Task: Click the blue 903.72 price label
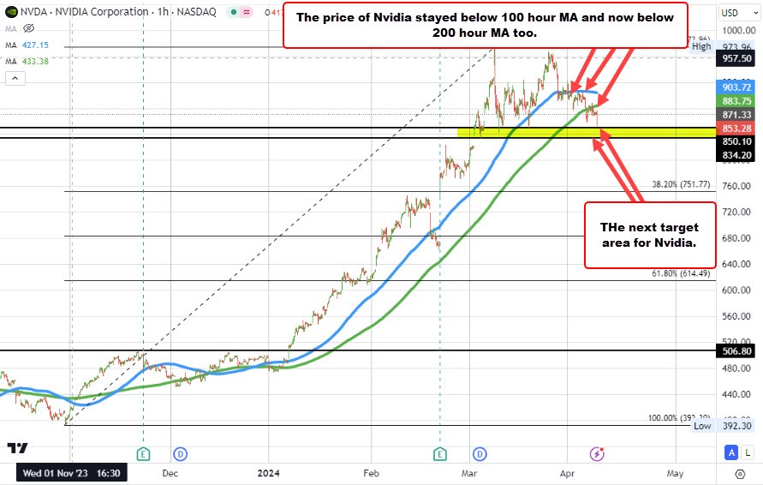pyautogui.click(x=736, y=87)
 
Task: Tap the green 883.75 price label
pyautogui.click(x=736, y=101)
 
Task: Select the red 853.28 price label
pyautogui.click(x=736, y=128)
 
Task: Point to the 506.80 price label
pyautogui.click(x=736, y=350)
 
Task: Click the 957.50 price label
pyautogui.click(x=736, y=59)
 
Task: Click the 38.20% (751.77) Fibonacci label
pyautogui.click(x=682, y=184)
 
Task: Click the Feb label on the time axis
pyautogui.click(x=371, y=472)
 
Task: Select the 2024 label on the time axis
pyautogui.click(x=269, y=472)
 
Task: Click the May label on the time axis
pyautogui.click(x=675, y=472)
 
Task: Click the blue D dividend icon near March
pyautogui.click(x=480, y=452)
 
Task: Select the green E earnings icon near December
pyautogui.click(x=143, y=452)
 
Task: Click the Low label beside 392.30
pyautogui.click(x=702, y=426)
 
